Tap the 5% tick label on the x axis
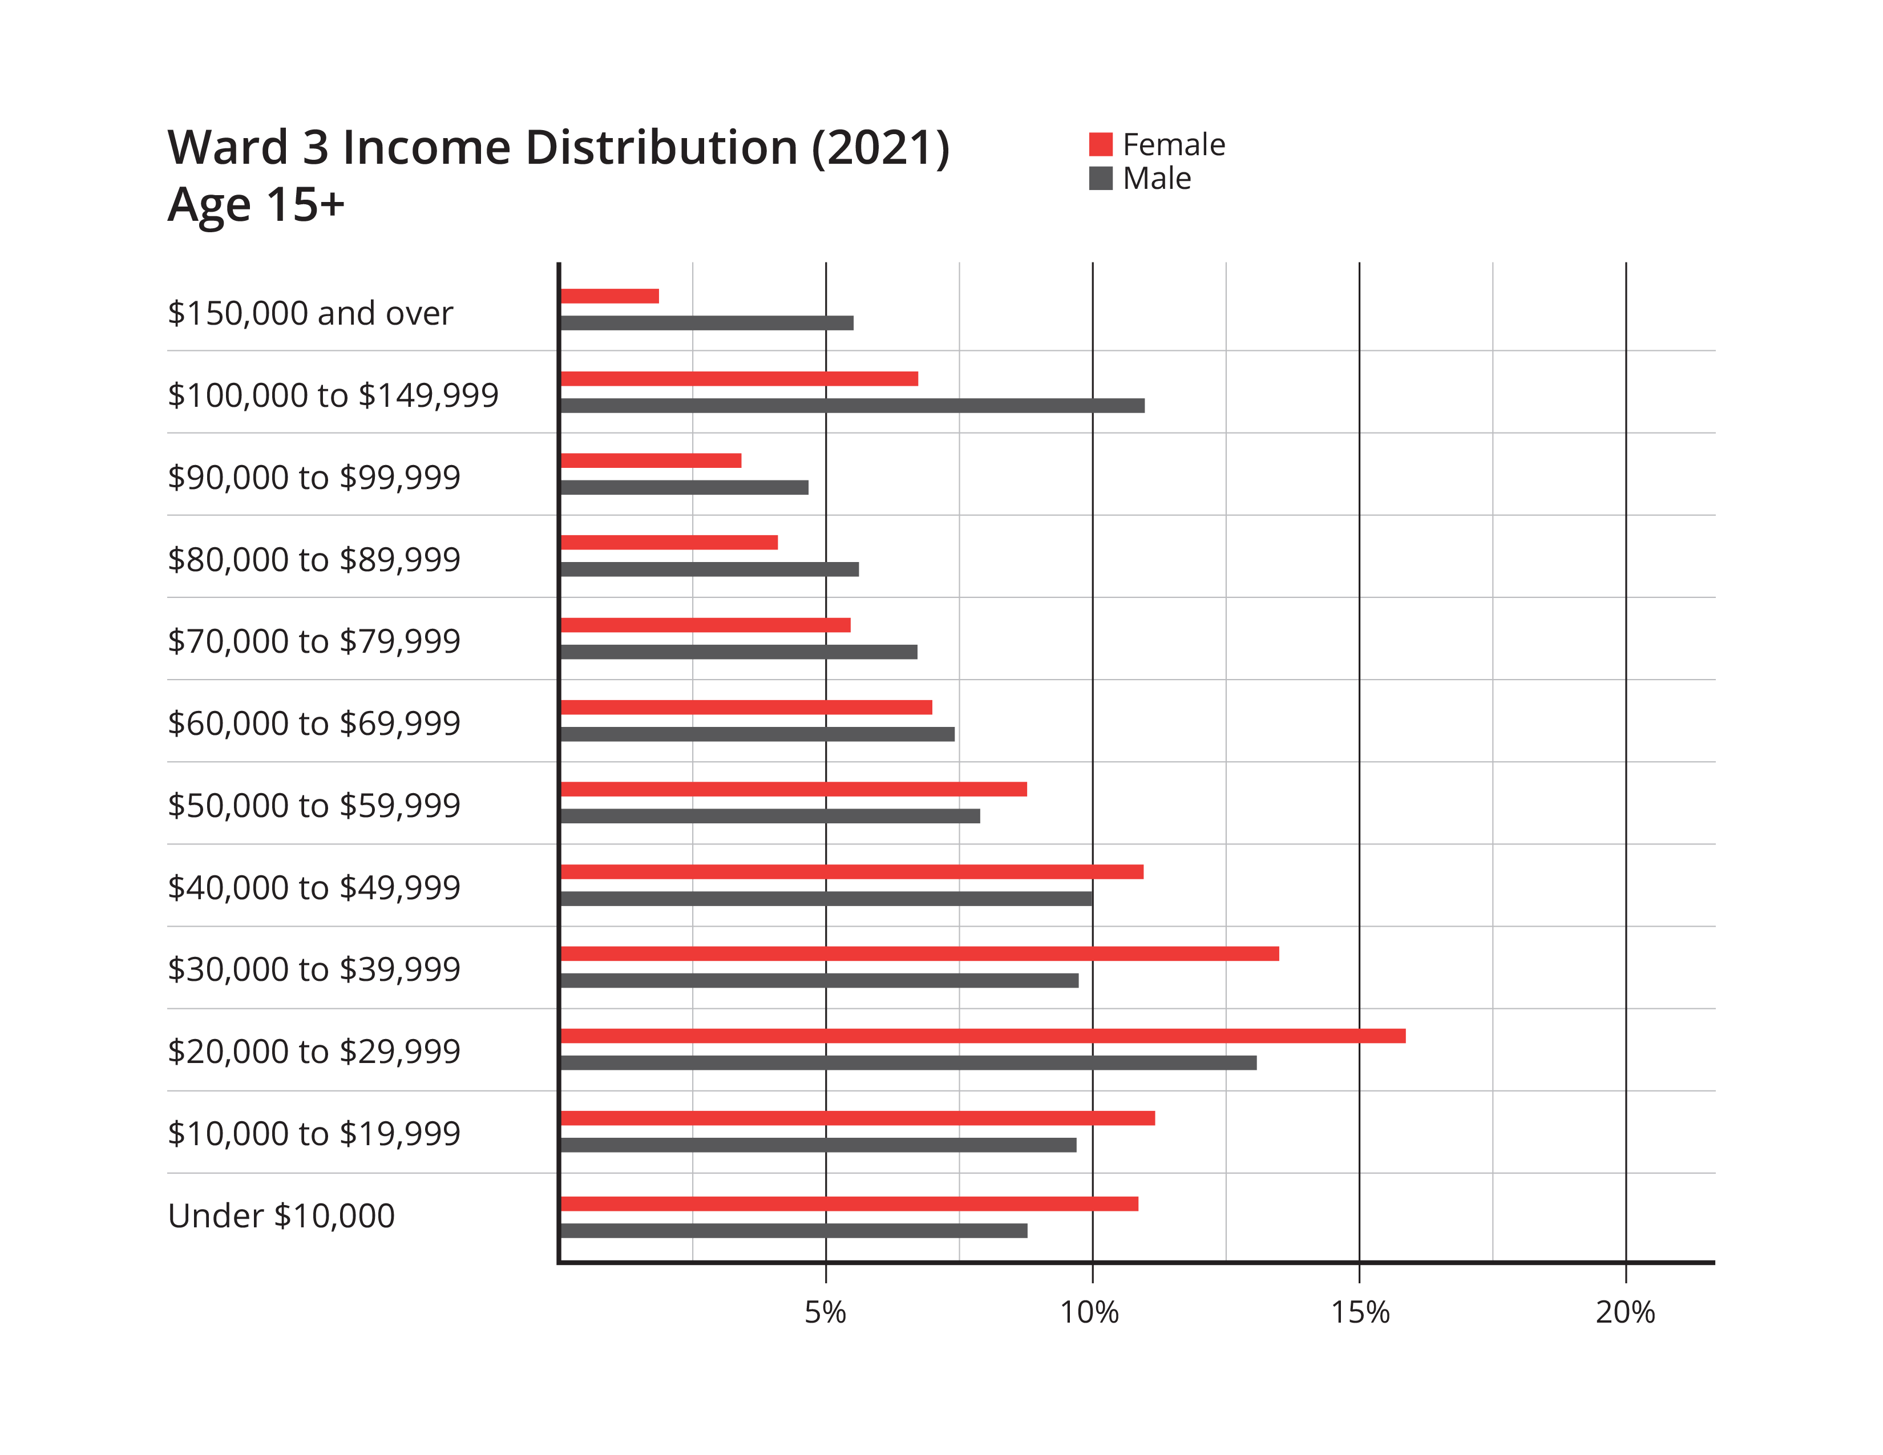coord(825,1312)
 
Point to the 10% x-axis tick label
coord(1090,1312)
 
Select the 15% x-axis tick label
coord(1360,1312)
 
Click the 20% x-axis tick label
coord(1625,1312)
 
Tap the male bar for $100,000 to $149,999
coord(852,405)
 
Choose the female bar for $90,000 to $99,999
coord(652,461)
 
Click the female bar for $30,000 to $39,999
coord(920,954)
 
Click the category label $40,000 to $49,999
coord(314,887)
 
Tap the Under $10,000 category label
coord(281,1215)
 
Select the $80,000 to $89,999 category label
coord(314,559)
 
